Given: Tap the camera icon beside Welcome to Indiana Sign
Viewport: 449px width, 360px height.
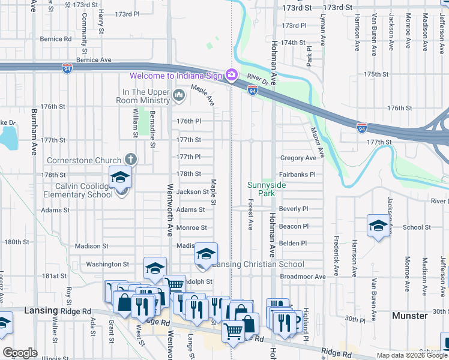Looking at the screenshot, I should pos(231,75).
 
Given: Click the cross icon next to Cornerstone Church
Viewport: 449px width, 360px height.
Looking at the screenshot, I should pos(130,159).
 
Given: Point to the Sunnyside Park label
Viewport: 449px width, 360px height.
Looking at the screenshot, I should pos(267,190).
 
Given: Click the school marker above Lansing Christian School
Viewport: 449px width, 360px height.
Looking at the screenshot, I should pos(205,254).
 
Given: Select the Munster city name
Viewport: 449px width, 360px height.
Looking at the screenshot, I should pos(409,315).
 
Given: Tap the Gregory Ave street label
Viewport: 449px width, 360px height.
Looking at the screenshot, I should pos(298,158).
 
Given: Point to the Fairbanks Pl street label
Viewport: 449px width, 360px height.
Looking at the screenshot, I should pos(298,175).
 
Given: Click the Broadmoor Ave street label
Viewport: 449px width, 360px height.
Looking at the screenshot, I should pos(303,277).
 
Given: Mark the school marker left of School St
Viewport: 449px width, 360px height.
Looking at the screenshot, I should pos(378,226).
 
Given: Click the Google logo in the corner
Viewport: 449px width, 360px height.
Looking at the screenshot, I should pos(20,353).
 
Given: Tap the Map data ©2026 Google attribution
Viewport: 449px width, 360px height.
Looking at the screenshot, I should pos(411,355).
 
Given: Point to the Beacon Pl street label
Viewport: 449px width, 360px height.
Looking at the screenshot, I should pos(294,226).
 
